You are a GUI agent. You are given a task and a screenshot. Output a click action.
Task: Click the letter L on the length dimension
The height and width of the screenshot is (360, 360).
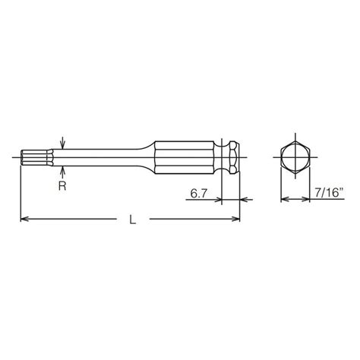point(134,219)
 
